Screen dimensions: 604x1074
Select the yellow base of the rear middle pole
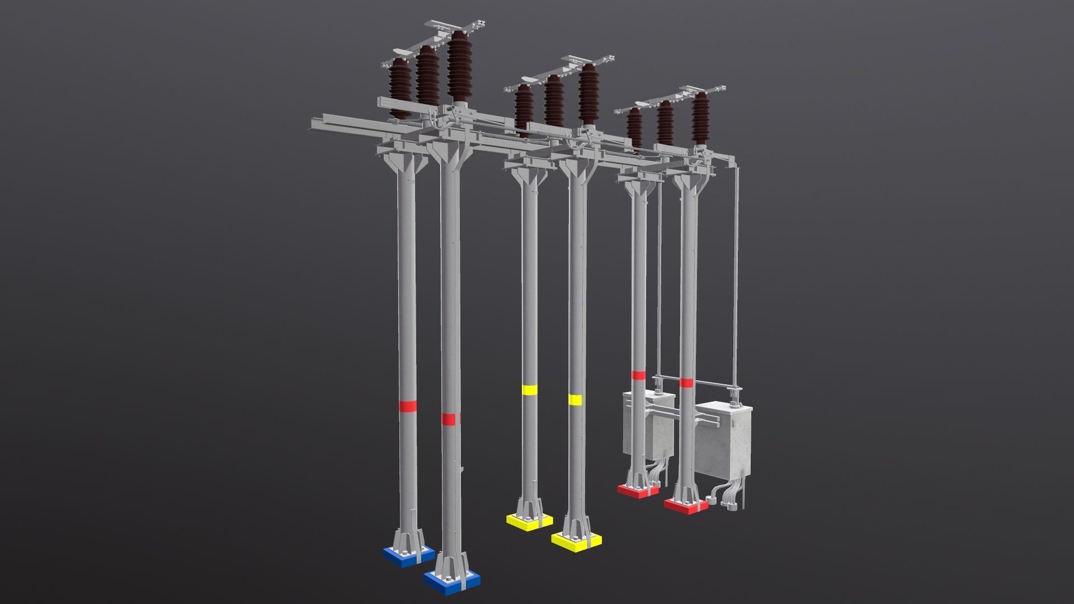529,521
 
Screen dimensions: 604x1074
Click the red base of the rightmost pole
686,505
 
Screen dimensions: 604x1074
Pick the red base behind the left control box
638,490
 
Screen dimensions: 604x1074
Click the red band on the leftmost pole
407,406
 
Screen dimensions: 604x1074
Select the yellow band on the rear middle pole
529,390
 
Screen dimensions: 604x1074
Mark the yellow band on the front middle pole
575,399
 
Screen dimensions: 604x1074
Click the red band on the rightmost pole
686,383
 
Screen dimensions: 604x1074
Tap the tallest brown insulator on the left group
459,67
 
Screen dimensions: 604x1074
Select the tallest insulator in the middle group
588,95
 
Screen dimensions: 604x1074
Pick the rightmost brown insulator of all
700,119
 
